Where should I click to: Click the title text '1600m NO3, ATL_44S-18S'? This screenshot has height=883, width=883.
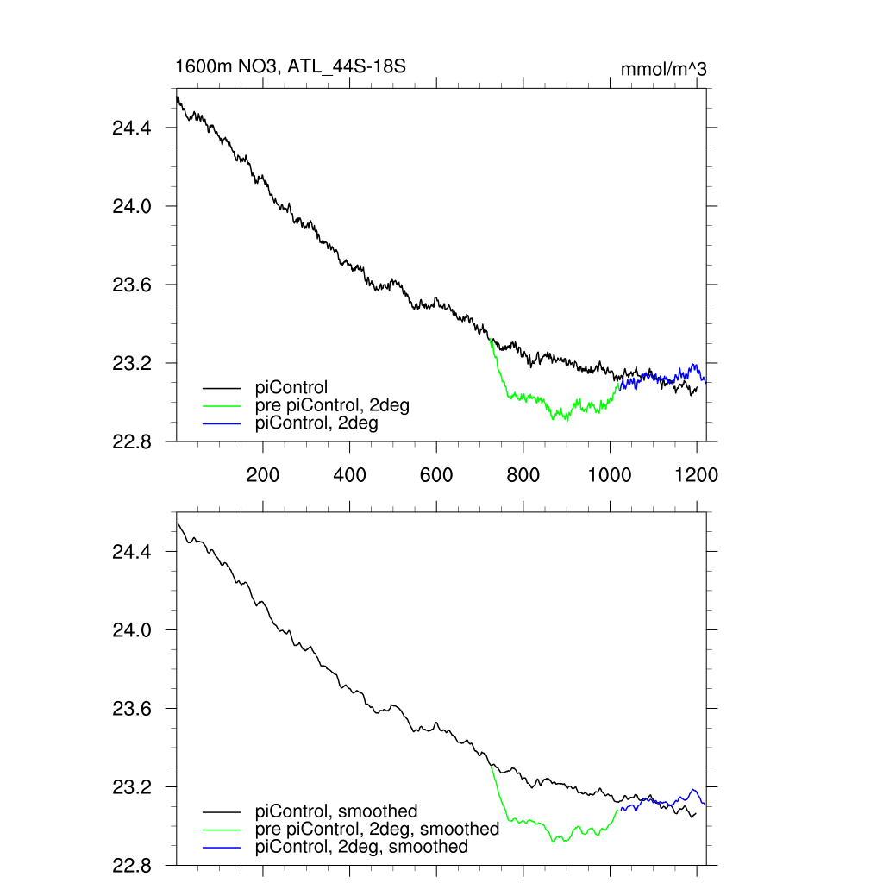click(x=291, y=67)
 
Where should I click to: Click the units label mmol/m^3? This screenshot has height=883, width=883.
click(x=663, y=69)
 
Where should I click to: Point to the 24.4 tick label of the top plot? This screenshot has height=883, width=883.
click(x=131, y=128)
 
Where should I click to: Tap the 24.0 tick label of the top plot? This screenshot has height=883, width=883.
click(x=131, y=206)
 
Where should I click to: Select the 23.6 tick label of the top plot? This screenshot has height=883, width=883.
click(x=131, y=285)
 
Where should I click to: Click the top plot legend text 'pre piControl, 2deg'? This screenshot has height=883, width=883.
click(x=333, y=405)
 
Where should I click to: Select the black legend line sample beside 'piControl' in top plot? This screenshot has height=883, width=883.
click(x=222, y=389)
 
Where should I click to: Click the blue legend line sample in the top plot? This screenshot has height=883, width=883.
click(x=222, y=423)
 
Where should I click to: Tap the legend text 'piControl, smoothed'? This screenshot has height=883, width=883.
click(x=336, y=811)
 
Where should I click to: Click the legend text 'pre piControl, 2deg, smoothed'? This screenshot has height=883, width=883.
click(x=377, y=829)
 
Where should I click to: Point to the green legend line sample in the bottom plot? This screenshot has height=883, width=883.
click(x=222, y=829)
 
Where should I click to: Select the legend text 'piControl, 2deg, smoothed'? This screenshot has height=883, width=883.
click(x=361, y=847)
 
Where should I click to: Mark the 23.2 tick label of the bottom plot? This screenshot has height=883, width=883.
click(x=131, y=787)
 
